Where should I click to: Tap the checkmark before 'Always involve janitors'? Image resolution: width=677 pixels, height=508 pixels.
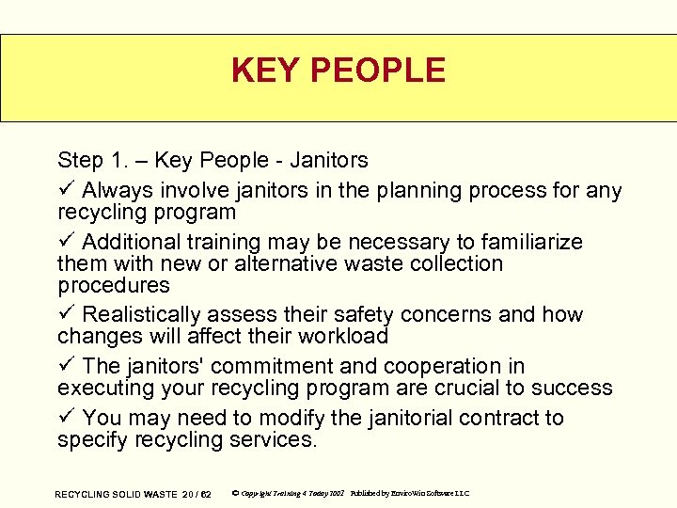click(65, 190)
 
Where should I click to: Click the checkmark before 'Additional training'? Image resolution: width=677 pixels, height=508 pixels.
click(65, 242)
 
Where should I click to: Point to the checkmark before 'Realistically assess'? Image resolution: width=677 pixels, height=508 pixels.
click(65, 314)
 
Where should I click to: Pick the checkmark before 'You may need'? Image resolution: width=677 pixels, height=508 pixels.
click(65, 417)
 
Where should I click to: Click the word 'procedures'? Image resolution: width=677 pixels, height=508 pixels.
click(114, 286)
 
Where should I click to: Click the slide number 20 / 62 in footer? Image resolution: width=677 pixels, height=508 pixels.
click(197, 494)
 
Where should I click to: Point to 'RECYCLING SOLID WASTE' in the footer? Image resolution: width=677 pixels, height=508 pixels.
click(116, 494)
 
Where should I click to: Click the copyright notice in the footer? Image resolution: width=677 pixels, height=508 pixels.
click(291, 494)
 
